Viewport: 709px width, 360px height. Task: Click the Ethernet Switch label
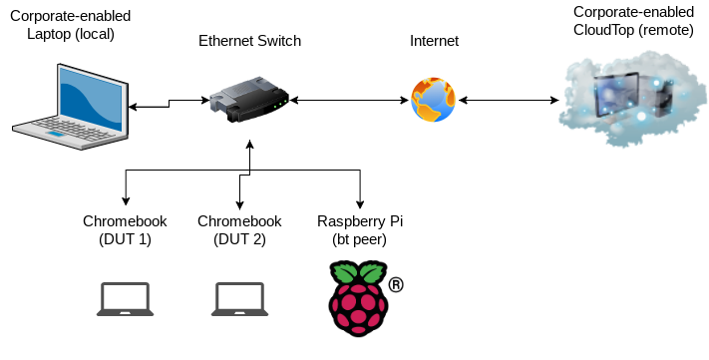249,41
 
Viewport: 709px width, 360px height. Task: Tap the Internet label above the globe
434,41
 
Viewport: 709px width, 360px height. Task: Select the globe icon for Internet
433,100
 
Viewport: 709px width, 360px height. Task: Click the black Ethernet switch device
249,100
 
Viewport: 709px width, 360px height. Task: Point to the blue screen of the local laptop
91,101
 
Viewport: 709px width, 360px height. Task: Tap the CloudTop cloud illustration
632,99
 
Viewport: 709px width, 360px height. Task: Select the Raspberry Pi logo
359,298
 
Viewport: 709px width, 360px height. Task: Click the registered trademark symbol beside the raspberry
396,285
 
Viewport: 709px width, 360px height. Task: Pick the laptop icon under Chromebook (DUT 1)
126,299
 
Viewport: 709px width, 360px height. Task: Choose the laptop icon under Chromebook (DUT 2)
239,299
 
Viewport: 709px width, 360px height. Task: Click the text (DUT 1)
125,239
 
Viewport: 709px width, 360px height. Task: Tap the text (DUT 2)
239,239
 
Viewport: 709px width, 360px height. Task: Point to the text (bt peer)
359,239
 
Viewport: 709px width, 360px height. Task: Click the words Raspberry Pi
360,221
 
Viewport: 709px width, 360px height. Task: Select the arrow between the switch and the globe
349,100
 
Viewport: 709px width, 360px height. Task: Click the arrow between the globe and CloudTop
509,100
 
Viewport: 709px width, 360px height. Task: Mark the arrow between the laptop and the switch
170,104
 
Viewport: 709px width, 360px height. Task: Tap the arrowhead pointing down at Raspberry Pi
360,203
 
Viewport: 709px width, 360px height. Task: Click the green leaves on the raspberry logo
359,272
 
